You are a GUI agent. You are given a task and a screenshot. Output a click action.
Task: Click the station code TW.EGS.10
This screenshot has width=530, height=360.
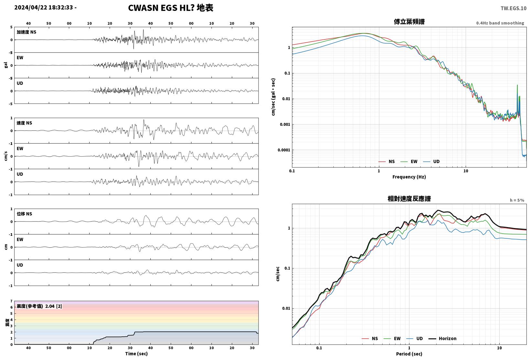click(x=514, y=8)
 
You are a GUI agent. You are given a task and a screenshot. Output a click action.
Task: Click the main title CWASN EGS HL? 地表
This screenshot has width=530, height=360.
click(x=171, y=8)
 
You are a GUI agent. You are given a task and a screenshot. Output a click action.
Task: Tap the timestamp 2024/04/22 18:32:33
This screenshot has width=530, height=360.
click(x=44, y=7)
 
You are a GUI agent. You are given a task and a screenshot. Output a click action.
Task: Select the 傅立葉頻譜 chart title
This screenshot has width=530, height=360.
click(x=409, y=22)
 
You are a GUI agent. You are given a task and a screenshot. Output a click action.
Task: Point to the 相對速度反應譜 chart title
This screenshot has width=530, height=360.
click(x=409, y=199)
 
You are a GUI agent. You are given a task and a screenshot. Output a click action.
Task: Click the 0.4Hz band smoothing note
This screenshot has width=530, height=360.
click(x=500, y=23)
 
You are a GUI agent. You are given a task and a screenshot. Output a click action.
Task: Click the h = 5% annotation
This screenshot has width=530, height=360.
click(x=517, y=200)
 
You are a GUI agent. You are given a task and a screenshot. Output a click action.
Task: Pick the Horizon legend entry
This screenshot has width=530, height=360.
click(x=442, y=338)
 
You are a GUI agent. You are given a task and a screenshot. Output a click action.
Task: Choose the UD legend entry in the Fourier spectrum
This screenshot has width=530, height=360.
click(x=431, y=161)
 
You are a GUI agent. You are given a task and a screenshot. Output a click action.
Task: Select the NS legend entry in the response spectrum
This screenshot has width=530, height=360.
click(x=370, y=338)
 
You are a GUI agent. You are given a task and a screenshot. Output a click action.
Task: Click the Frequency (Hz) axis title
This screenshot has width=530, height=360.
click(x=409, y=177)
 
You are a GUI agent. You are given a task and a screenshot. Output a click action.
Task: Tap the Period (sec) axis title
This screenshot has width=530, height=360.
click(x=409, y=354)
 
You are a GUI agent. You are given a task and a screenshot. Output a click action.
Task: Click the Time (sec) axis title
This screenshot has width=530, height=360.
click(x=136, y=354)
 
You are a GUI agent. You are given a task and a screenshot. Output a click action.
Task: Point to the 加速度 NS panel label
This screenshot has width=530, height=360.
click(x=27, y=32)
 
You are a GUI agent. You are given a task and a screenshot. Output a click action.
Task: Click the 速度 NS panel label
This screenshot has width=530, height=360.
click(x=24, y=123)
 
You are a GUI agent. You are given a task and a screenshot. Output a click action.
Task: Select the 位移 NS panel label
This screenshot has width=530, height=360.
click(x=24, y=214)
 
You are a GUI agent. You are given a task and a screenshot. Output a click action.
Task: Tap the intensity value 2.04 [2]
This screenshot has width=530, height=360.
click(x=54, y=306)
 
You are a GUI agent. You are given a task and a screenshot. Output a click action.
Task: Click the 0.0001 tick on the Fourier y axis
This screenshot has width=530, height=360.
click(x=284, y=150)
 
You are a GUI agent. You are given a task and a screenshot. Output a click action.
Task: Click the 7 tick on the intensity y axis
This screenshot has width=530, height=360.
click(x=11, y=301)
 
